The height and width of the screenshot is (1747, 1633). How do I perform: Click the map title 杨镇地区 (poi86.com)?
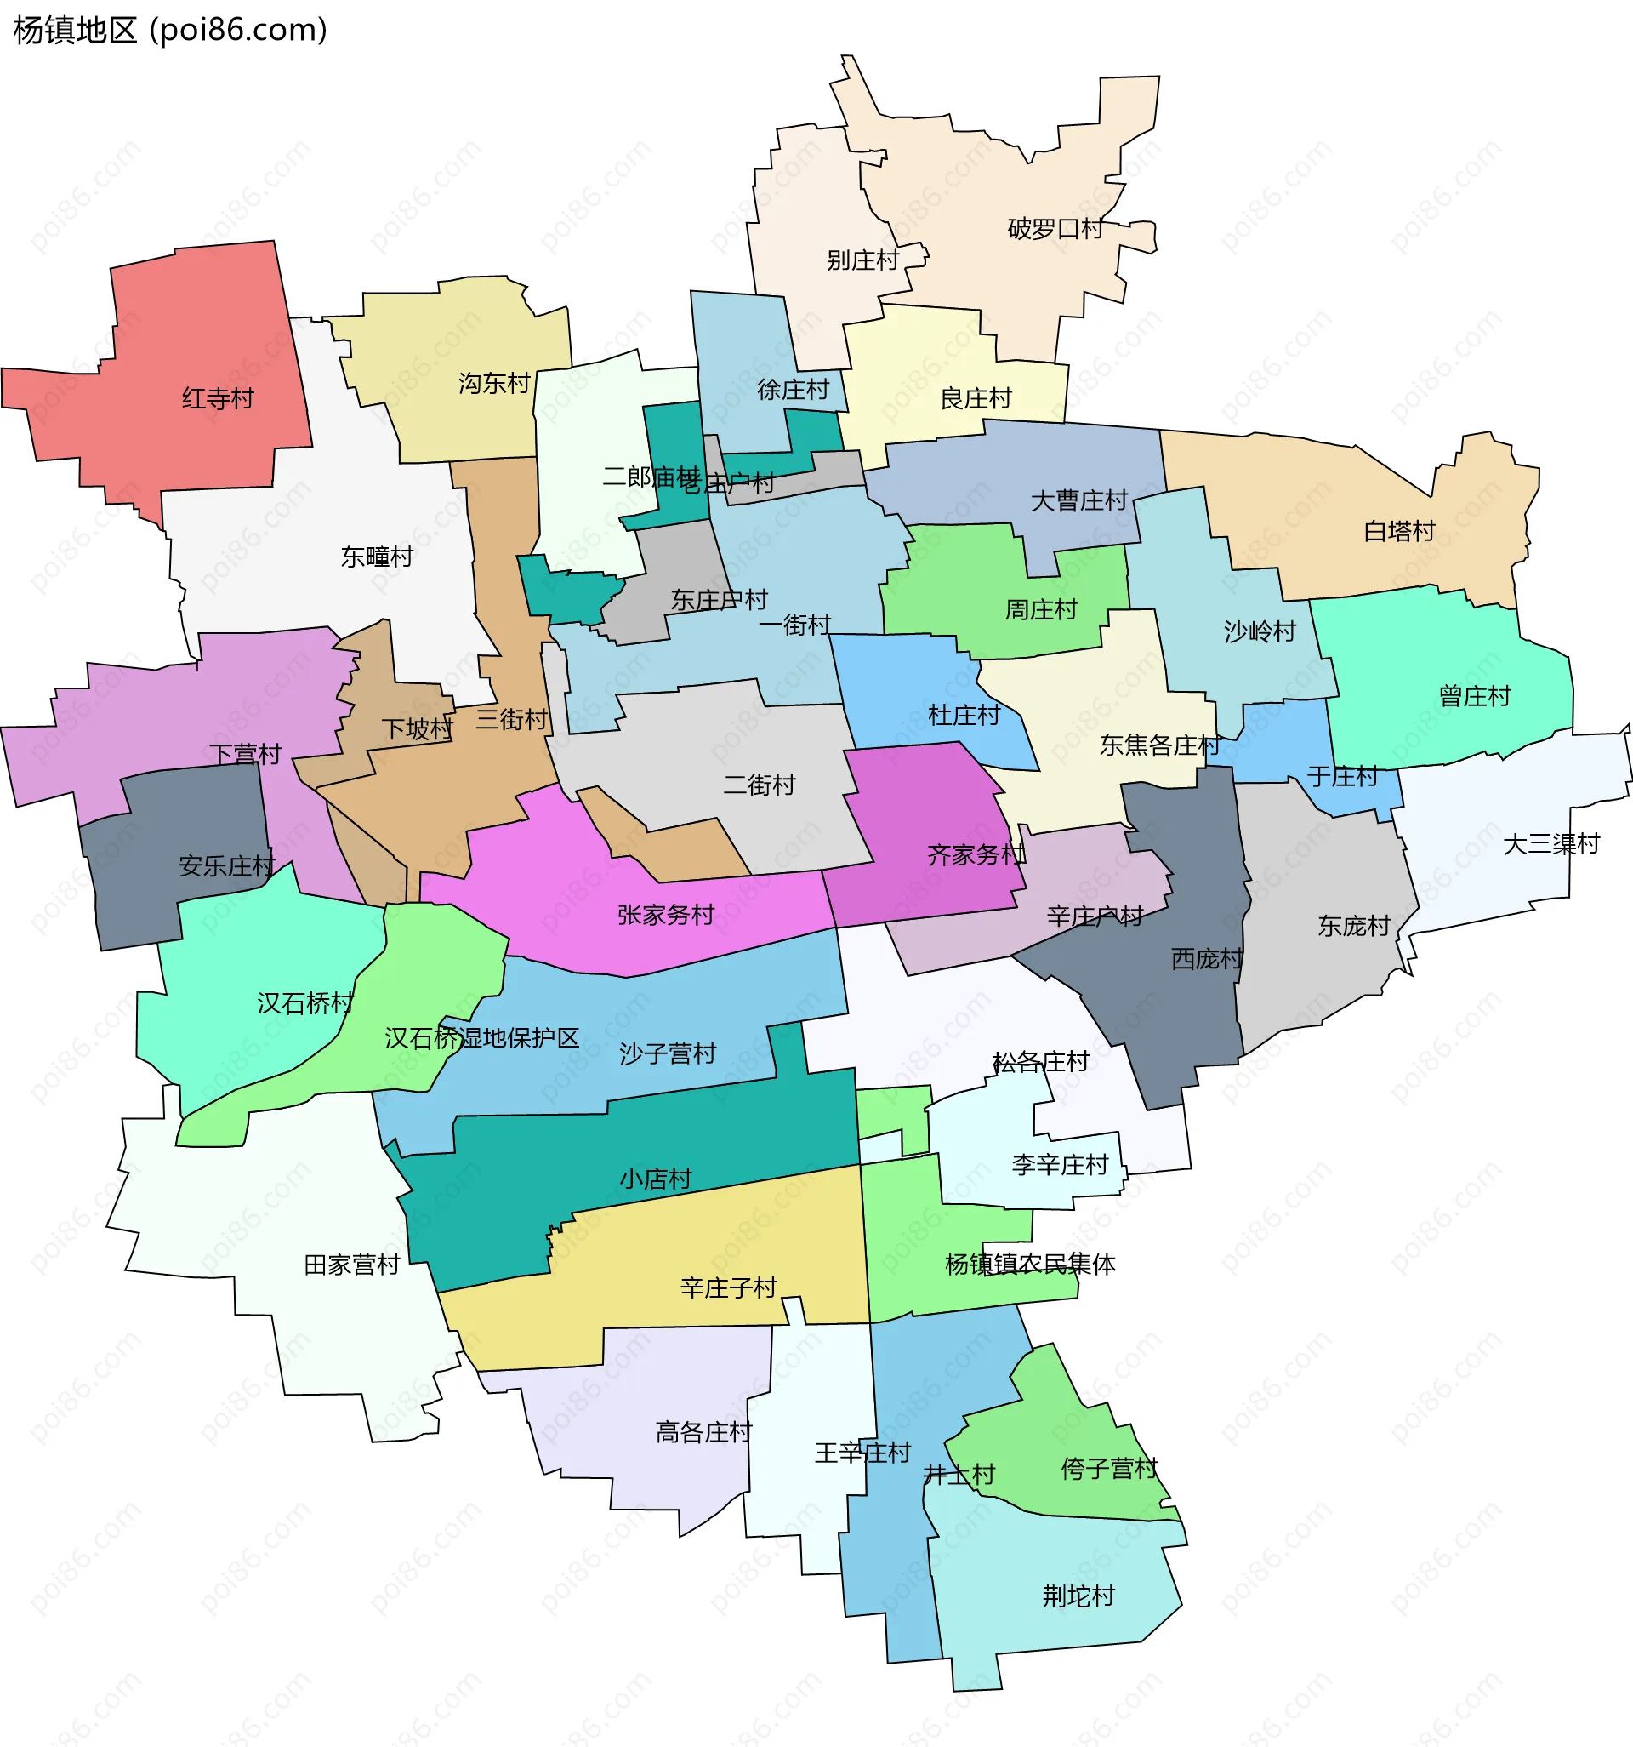coord(170,31)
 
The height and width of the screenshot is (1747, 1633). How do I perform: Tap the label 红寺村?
coord(218,399)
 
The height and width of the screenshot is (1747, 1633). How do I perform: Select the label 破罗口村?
coord(1055,230)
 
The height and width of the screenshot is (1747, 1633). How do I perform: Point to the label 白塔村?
coord(1398,532)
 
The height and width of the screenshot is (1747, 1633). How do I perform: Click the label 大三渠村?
coord(1551,844)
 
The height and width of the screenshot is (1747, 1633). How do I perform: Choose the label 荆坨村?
coord(1078,1596)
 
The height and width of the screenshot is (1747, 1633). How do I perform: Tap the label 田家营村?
coord(351,1265)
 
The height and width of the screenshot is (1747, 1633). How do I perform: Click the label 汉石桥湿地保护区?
coord(481,1039)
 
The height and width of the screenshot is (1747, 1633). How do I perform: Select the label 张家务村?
coord(666,916)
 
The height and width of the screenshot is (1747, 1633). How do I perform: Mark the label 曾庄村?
coord(1475,697)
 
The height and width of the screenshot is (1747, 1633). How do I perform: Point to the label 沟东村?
coord(494,384)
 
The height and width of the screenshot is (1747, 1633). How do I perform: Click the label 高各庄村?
coord(703,1433)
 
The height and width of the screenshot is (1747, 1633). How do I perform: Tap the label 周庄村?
coord(1041,610)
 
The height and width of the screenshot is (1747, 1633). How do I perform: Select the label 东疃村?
coord(377,557)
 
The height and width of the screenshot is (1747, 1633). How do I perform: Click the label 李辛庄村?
coord(1061,1166)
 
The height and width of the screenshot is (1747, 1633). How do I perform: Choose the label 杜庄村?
coord(964,716)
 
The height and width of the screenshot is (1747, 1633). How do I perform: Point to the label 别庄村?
coord(862,261)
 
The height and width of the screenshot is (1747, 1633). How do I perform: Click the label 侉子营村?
coord(1109,1470)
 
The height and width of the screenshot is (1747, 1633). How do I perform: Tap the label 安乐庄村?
coord(226,866)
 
